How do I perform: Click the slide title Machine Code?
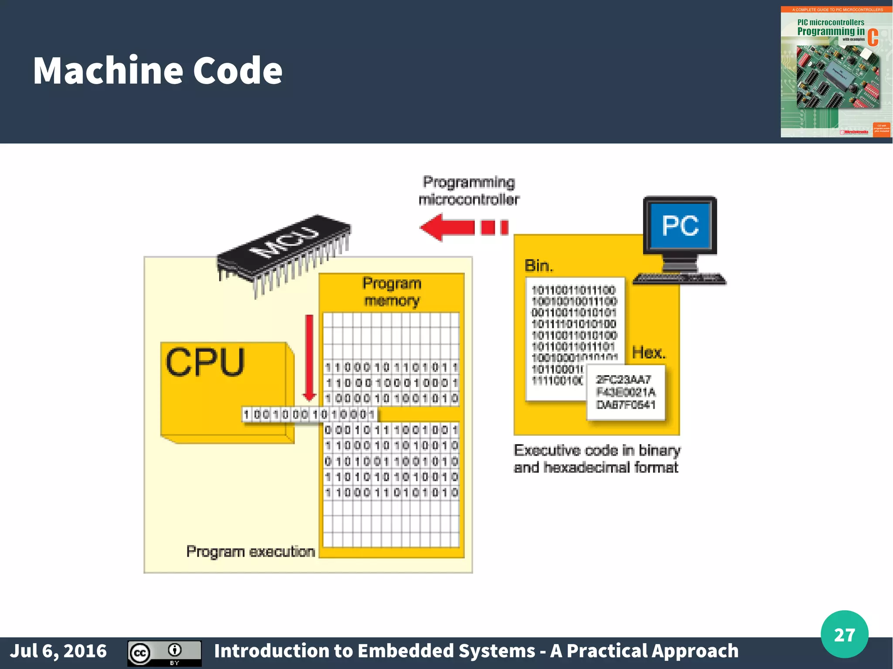click(157, 71)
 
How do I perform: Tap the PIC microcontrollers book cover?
click(836, 72)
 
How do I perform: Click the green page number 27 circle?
click(844, 634)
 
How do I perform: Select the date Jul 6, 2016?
click(58, 651)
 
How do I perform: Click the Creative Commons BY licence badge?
click(164, 653)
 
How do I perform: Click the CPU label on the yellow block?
click(205, 362)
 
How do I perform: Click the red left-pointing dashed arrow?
click(462, 227)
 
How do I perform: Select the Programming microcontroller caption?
click(469, 190)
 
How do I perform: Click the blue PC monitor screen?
click(680, 226)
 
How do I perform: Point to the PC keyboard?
click(679, 278)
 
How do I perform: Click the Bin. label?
click(539, 265)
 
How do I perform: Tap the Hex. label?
click(649, 352)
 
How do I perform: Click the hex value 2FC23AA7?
click(623, 379)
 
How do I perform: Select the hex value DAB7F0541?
click(626, 405)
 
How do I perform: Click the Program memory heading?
click(392, 292)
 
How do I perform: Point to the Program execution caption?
click(250, 551)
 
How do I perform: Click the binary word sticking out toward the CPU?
click(309, 414)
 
